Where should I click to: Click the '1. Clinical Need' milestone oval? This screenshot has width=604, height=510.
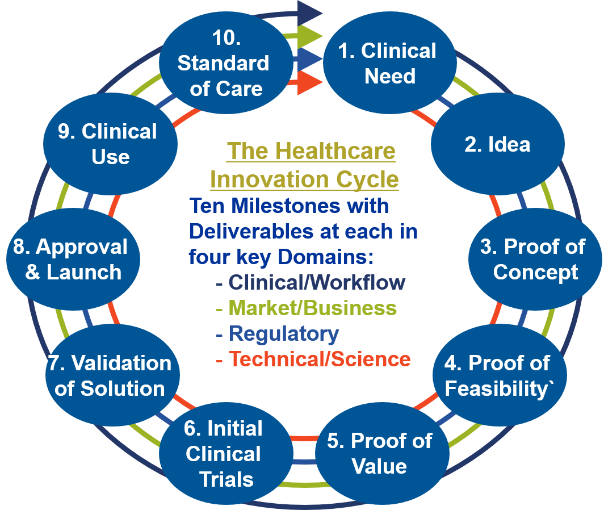390,63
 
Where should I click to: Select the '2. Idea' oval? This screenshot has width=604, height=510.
497,145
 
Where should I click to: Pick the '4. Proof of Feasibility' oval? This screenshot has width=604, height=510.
497,375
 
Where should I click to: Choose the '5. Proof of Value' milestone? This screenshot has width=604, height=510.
379,453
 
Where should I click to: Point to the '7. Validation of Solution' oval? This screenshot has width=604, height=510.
112,375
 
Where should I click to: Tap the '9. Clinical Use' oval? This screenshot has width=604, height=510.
110,144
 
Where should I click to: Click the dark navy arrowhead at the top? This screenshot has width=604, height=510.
310,12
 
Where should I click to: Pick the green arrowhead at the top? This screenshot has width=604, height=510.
310,35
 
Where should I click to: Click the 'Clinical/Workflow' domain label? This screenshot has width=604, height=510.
317,282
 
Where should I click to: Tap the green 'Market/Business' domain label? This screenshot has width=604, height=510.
312,308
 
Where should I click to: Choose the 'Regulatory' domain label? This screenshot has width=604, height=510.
284,333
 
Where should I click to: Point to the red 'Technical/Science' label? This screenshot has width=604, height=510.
320,359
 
